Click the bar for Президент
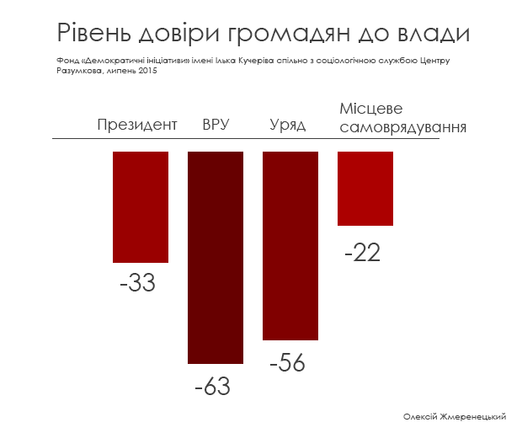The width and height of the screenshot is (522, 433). (x=141, y=207)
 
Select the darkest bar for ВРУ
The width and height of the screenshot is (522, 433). (x=216, y=258)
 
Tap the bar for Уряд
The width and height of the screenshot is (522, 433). (x=290, y=245)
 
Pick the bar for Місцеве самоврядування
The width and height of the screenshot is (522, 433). (x=365, y=189)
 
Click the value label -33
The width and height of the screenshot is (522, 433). (x=137, y=283)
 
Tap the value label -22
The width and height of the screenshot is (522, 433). (x=362, y=251)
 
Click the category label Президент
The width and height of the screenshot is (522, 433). (x=137, y=126)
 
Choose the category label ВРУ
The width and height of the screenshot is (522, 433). (x=216, y=126)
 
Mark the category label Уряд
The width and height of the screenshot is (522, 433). (x=287, y=126)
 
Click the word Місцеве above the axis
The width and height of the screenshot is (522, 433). (x=371, y=110)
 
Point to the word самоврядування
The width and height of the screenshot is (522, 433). (x=402, y=127)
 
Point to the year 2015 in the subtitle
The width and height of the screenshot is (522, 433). (x=148, y=70)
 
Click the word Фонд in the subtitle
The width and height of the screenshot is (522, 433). (x=67, y=61)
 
